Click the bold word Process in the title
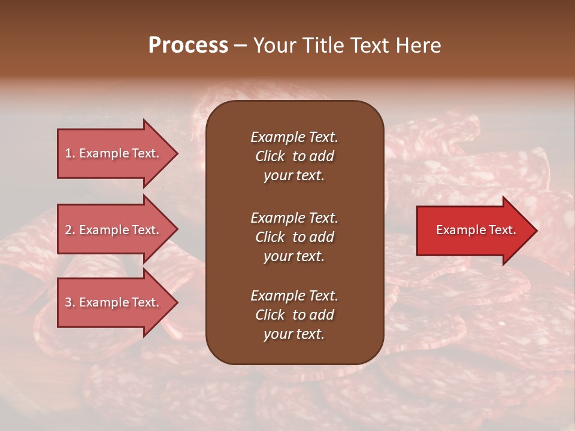tap(188, 45)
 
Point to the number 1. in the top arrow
tap(70, 153)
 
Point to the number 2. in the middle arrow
tap(70, 230)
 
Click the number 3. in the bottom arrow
tap(70, 302)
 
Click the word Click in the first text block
tap(270, 156)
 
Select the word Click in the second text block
tap(270, 237)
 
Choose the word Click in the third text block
tap(270, 315)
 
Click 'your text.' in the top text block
tap(294, 176)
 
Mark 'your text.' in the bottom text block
tap(294, 335)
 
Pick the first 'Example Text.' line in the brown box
tap(294, 137)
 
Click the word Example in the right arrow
tap(458, 230)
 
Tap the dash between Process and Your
tap(240, 46)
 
